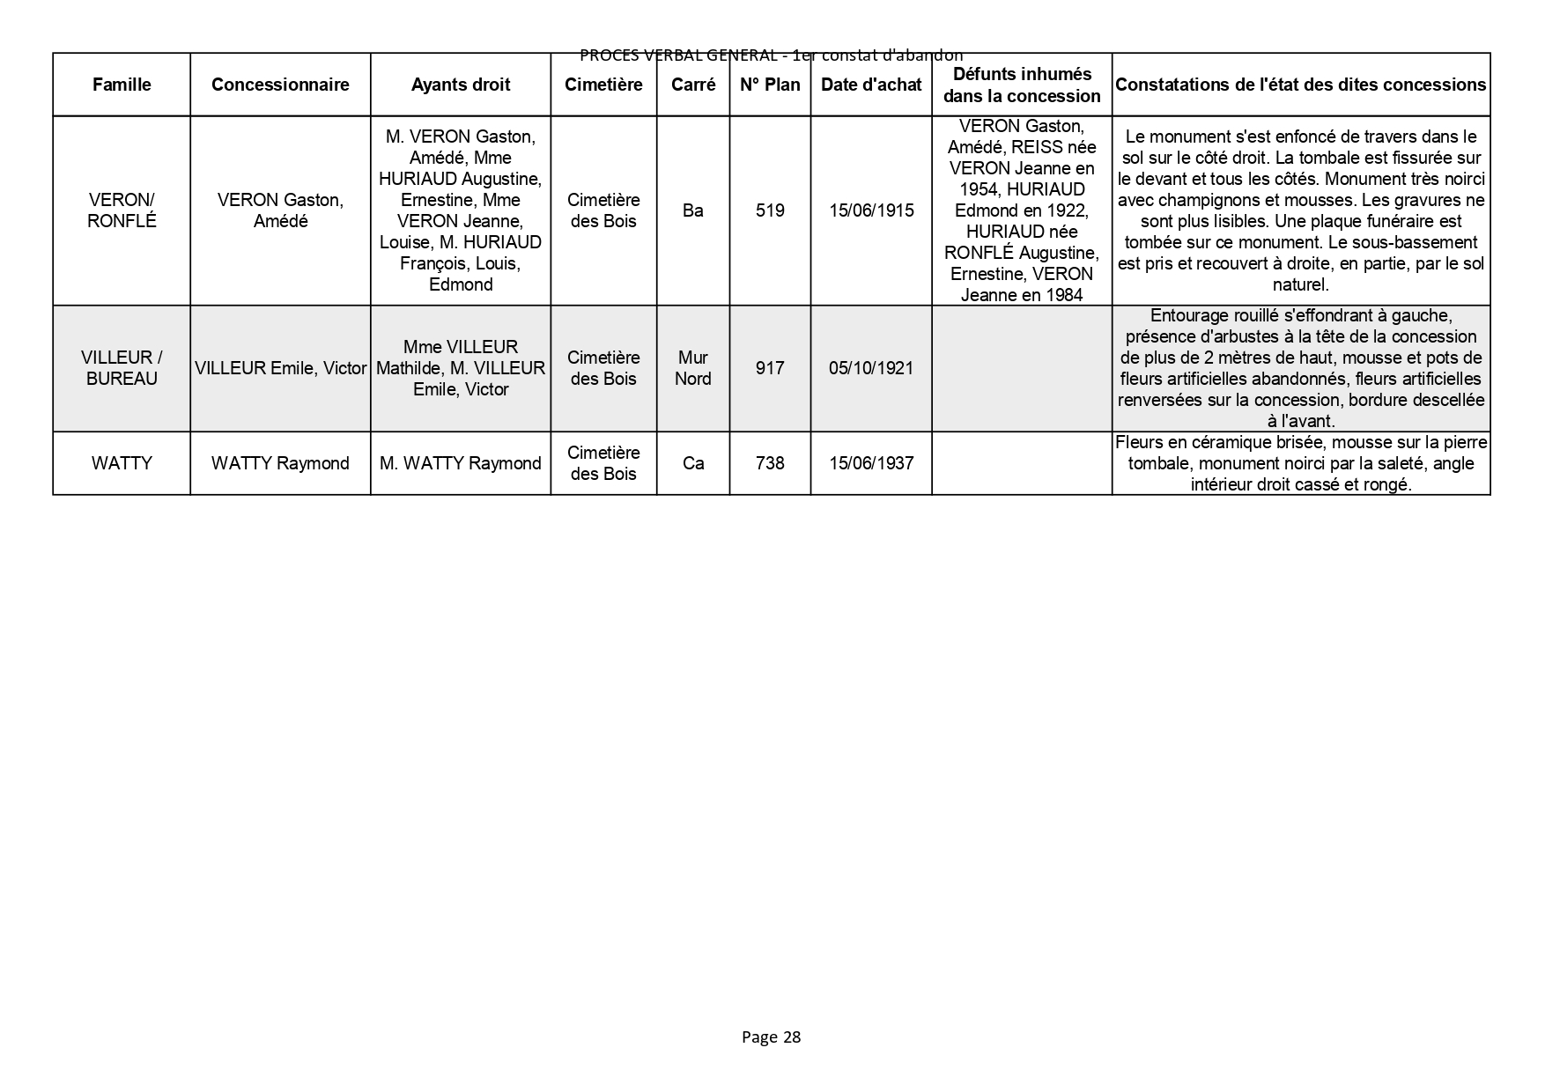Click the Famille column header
(122, 85)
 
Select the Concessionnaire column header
(280, 85)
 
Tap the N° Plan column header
(770, 85)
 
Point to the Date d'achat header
(871, 85)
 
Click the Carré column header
(693, 85)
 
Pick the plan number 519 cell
(770, 210)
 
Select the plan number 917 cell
(770, 368)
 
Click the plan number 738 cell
(770, 463)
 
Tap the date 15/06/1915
(871, 210)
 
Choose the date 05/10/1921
(871, 368)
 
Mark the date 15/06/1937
(871, 463)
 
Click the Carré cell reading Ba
(693, 210)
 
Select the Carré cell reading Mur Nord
(693, 368)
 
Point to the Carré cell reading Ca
(693, 463)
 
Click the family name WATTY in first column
(122, 463)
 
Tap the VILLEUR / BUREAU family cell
(122, 368)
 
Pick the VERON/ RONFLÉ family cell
(122, 210)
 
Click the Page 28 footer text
(771, 1037)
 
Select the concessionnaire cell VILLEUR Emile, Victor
(280, 368)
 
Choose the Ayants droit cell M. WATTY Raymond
(461, 463)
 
